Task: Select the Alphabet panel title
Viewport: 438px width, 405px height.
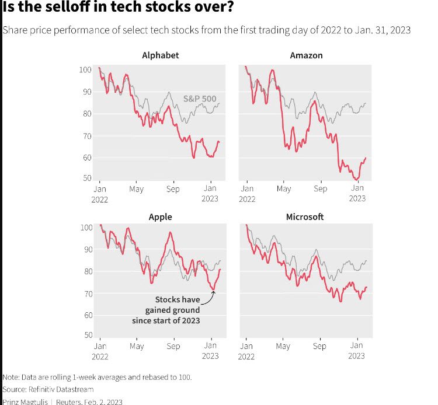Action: [x=160, y=56]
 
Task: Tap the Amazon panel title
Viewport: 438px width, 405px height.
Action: [x=306, y=56]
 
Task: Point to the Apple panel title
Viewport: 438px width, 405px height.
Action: [x=160, y=217]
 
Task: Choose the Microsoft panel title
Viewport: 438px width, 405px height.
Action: [x=304, y=217]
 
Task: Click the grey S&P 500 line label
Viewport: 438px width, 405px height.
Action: [x=200, y=99]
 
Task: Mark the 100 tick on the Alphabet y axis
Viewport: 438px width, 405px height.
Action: [x=85, y=70]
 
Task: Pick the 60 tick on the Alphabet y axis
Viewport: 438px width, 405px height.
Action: [x=87, y=158]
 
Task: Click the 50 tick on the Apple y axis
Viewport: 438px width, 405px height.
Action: [x=87, y=336]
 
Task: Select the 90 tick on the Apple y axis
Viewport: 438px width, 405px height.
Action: [x=87, y=249]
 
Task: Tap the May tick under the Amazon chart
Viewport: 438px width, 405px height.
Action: [x=283, y=189]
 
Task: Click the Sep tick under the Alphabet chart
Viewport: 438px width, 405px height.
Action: [x=173, y=189]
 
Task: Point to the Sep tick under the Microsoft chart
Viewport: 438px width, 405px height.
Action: [x=319, y=346]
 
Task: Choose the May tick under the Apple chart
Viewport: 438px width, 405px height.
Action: [x=136, y=346]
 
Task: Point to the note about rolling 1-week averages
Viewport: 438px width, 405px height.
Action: [x=97, y=377]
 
